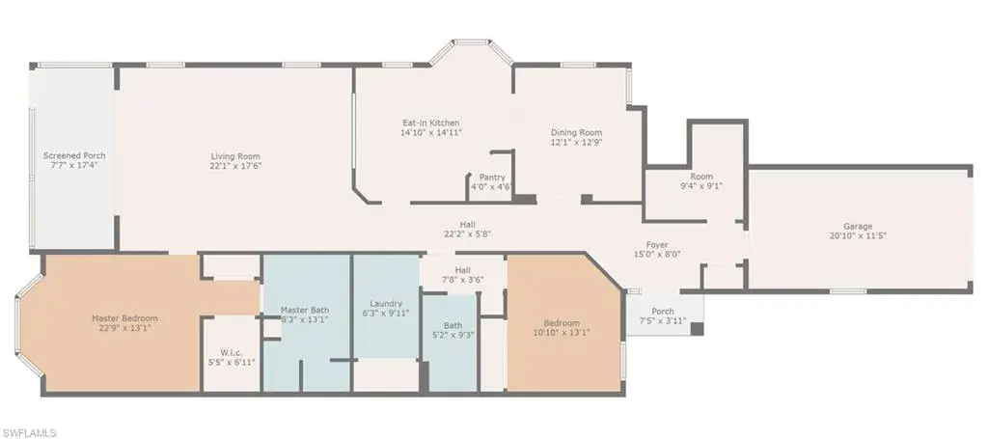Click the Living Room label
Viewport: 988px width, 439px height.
pos(235,156)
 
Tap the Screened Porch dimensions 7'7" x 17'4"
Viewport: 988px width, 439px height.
pos(74,165)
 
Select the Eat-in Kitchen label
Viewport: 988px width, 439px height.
pos(431,123)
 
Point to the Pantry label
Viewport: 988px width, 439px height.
pos(491,178)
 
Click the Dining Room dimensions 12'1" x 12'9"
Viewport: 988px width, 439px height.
pos(577,143)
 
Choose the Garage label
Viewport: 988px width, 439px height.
pos(858,226)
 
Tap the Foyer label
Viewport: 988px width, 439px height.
pos(656,245)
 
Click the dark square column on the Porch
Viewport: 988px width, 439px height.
pos(697,329)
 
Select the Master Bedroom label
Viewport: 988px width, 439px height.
pos(124,318)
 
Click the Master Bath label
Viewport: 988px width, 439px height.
pos(304,310)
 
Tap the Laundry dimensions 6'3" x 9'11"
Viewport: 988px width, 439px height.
pos(386,313)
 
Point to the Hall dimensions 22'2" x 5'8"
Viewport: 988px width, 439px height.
pos(467,233)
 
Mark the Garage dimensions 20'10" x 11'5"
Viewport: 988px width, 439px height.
pos(858,235)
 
